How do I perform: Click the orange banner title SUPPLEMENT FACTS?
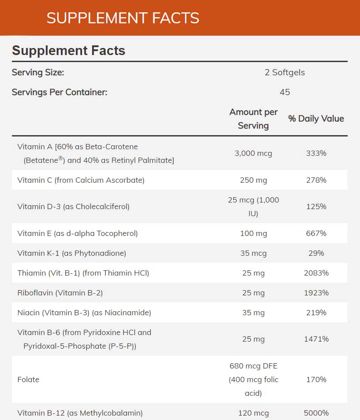point(123,18)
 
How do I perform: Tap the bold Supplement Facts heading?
point(68,51)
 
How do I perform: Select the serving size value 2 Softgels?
point(285,72)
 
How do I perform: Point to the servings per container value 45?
point(285,92)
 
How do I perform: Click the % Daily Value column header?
point(316,118)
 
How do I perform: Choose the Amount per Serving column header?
point(253,118)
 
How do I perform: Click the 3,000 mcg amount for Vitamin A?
point(253,153)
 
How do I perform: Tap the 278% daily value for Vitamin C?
point(316,180)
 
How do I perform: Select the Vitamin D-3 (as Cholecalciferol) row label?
point(73,206)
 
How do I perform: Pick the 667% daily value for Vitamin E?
point(316,233)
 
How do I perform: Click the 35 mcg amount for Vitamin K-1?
point(253,253)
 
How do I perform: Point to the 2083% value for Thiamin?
point(316,273)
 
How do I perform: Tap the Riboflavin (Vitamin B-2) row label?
point(60,293)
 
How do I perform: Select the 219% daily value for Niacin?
point(316,313)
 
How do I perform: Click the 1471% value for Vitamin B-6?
point(316,339)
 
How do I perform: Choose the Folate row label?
point(28,379)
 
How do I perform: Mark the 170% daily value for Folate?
point(316,379)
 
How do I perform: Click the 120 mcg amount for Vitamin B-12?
point(253,413)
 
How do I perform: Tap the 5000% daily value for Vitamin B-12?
point(316,413)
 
